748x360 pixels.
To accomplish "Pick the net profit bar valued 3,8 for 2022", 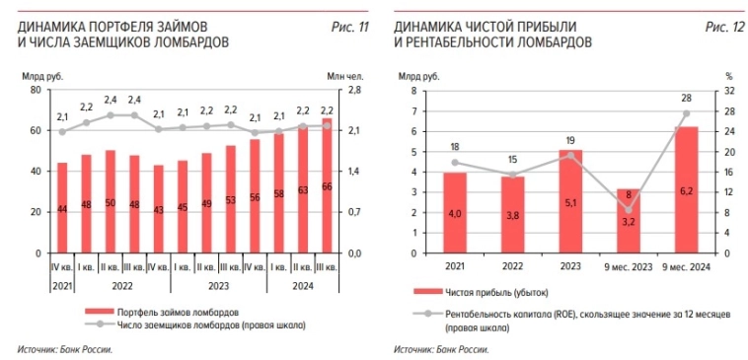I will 512,214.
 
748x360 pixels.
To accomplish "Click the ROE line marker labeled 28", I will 686,112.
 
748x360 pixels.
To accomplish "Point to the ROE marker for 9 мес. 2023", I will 628,209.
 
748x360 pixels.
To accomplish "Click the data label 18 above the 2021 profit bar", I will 454,146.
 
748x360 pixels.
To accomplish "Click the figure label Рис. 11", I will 349,26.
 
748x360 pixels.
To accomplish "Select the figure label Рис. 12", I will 724,26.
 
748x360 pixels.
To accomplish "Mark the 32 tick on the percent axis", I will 729,90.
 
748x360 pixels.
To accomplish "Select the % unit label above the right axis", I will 729,75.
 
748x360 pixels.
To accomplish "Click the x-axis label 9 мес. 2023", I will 628,265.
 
